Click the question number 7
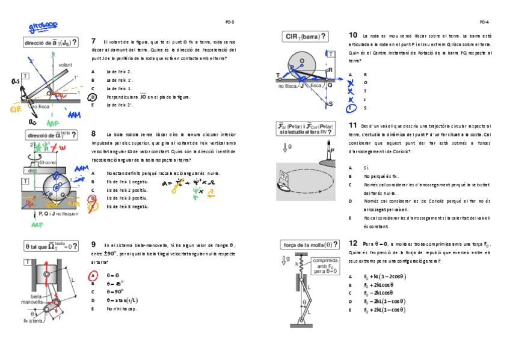pyautogui.click(x=93, y=41)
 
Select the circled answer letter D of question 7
pyautogui.click(x=93, y=97)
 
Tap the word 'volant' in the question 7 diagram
pyautogui.click(x=66, y=64)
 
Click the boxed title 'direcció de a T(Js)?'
pyautogui.click(x=50, y=43)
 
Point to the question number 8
pyautogui.click(x=93, y=133)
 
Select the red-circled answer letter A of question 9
pyautogui.click(x=93, y=275)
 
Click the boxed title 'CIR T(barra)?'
pyautogui.click(x=305, y=37)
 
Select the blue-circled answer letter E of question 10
pyautogui.click(x=351, y=108)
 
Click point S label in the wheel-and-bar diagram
pyautogui.click(x=330, y=104)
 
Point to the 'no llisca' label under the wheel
pyautogui.click(x=289, y=87)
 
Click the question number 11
pyautogui.click(x=352, y=125)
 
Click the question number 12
pyautogui.click(x=353, y=243)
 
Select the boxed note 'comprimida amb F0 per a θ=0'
pyautogui.click(x=325, y=266)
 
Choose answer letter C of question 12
pyautogui.click(x=351, y=293)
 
